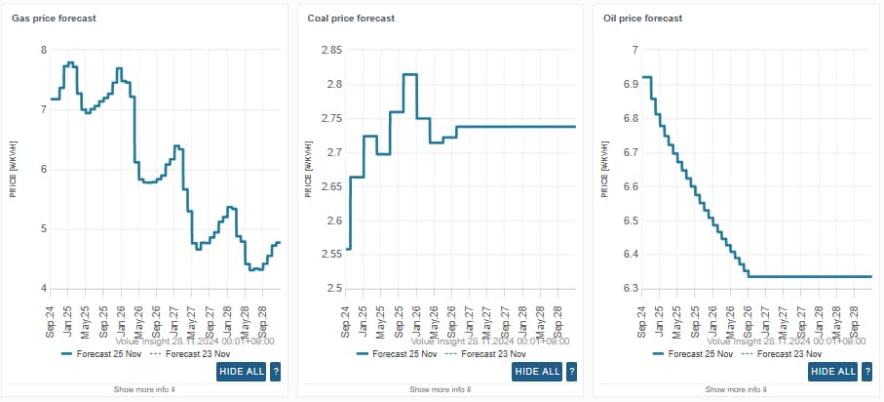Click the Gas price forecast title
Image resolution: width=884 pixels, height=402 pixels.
(54, 19)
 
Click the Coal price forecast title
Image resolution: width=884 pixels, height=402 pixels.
(351, 19)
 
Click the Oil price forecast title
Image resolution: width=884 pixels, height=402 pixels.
(644, 19)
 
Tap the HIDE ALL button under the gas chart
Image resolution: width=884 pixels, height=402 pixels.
(240, 371)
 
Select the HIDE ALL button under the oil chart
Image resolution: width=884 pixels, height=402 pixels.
(833, 371)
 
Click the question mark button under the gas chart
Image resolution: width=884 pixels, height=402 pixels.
(276, 371)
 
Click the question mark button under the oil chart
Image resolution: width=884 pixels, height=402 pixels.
(868, 371)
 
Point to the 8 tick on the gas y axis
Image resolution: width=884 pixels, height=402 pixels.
(42, 50)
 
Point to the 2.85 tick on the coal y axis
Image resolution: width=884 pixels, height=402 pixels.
(330, 50)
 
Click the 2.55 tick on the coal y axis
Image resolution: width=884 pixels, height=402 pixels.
(330, 255)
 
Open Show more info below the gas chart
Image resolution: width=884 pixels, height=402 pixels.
(145, 389)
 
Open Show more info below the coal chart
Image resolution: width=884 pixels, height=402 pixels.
(441, 389)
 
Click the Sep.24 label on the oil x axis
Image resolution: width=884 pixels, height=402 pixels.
(642, 320)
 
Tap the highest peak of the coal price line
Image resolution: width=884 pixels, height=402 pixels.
(410, 74)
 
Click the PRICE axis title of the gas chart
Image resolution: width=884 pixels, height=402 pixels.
(14, 169)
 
